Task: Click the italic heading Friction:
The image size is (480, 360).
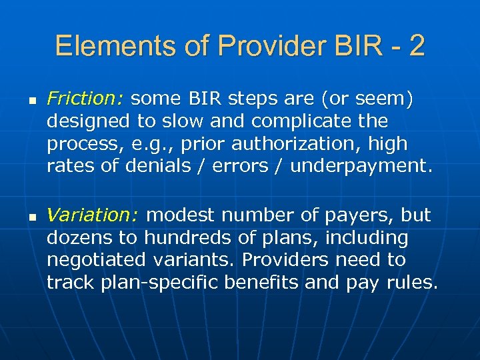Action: (85, 100)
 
